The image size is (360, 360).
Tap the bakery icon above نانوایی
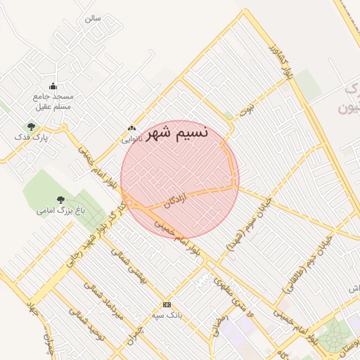[131, 129]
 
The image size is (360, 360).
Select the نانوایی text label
[131, 139]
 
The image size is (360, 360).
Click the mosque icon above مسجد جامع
[53, 86]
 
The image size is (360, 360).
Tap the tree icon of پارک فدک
[30, 127]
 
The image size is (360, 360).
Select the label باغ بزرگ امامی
[60, 210]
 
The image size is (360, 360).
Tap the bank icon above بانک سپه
[167, 304]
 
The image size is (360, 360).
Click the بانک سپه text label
[167, 315]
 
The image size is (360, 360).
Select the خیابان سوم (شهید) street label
[241, 232]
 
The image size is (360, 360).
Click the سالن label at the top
[93, 18]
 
